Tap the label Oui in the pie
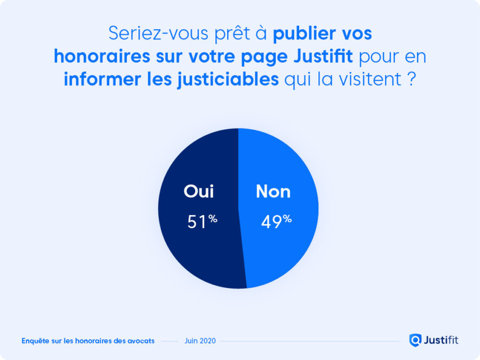coord(198,191)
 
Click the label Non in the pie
coord(273,191)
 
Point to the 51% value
coord(202,221)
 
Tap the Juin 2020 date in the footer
coord(200,341)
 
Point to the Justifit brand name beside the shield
coord(441,340)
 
